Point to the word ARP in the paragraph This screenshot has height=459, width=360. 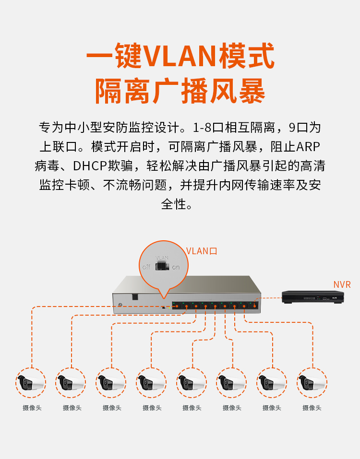(308, 147)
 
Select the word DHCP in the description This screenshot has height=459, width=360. (89, 166)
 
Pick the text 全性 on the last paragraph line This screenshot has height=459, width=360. (174, 204)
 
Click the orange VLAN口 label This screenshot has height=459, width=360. (202, 251)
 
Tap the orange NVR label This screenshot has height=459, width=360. (342, 284)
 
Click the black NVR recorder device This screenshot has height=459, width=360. (313, 297)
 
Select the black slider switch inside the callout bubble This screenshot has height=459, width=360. (162, 266)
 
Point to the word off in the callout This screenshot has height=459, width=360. (146, 267)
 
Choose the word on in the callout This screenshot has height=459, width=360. (176, 267)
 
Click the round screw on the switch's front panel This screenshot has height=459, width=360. (120, 305)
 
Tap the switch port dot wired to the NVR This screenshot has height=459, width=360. (254, 306)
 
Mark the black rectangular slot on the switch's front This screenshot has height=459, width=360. (135, 297)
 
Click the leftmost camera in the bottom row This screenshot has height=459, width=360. (30, 383)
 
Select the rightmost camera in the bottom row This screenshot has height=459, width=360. (312, 383)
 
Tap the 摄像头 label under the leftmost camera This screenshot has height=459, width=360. (32, 408)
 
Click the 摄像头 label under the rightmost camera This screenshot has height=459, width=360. (312, 408)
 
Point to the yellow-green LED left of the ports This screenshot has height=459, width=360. (169, 307)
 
